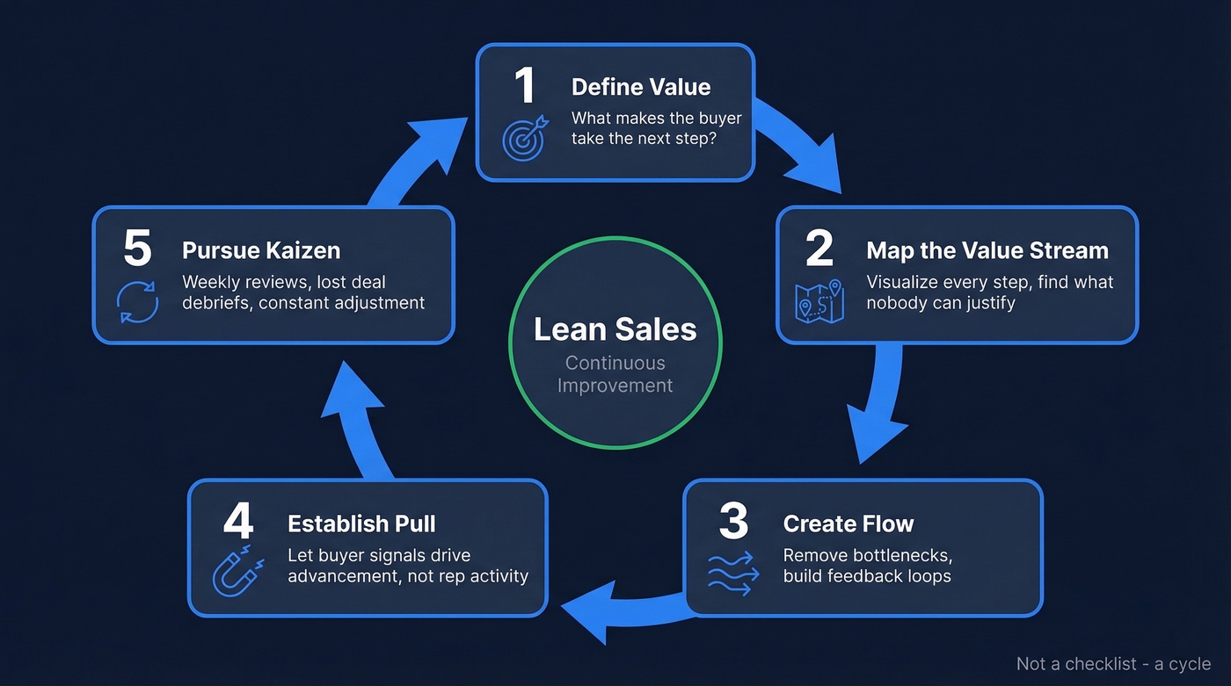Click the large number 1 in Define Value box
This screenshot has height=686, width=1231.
click(524, 87)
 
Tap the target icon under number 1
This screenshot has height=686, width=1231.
click(524, 138)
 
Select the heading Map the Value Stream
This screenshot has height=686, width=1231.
click(987, 250)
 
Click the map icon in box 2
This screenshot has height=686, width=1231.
click(819, 301)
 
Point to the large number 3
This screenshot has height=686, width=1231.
click(732, 523)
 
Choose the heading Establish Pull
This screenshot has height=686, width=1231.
click(361, 524)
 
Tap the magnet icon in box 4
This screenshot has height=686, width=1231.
click(237, 572)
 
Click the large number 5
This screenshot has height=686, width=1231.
click(137, 249)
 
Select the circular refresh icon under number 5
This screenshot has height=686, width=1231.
click(137, 301)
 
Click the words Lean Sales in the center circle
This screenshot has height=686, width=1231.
click(615, 329)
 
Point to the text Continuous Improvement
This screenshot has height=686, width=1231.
click(615, 374)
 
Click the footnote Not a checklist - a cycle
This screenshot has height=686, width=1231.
click(1113, 664)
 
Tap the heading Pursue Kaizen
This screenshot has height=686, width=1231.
click(261, 250)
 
